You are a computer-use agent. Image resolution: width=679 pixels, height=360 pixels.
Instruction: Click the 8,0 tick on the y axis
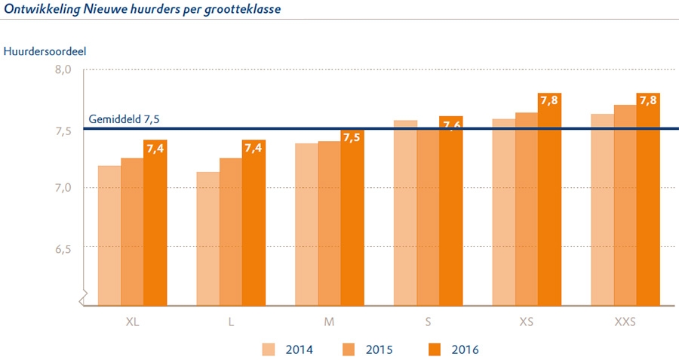tap(61, 69)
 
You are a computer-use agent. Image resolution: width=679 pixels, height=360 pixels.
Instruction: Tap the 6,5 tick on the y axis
tap(61, 247)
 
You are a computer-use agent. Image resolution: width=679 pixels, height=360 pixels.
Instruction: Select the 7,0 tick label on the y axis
tap(61, 187)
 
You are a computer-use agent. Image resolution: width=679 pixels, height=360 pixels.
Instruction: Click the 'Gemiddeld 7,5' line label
tap(124, 119)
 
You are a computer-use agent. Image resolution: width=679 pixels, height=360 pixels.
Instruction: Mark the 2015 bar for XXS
tap(625, 205)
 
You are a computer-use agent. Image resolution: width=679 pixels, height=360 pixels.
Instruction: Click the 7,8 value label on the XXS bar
tap(648, 100)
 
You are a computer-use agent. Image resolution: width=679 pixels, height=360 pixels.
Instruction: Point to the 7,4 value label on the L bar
tap(253, 147)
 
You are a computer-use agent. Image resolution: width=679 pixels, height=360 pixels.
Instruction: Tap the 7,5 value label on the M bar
tap(352, 137)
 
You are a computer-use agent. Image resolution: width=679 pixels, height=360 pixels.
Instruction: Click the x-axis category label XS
tap(527, 322)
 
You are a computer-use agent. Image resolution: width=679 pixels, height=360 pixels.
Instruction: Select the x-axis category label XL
tap(133, 322)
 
